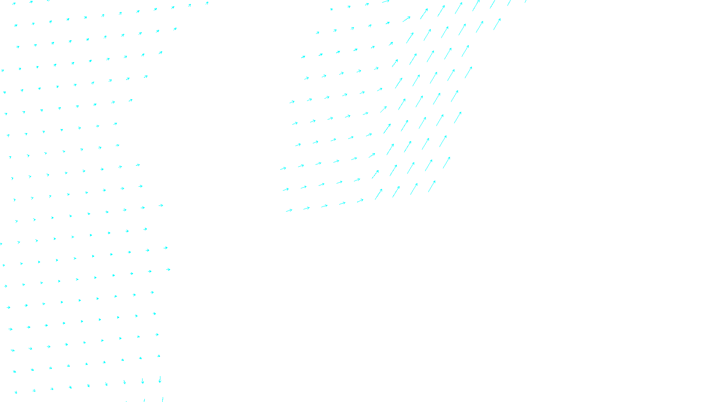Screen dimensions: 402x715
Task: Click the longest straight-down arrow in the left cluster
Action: point(160,379)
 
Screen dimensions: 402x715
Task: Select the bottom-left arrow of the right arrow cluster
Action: point(289,210)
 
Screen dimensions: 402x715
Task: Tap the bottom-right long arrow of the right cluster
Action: point(432,186)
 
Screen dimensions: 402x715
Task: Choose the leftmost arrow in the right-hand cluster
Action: point(283,169)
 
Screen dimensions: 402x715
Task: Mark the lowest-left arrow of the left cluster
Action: point(16,392)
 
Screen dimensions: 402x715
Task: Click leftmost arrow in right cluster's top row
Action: point(331,9)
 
